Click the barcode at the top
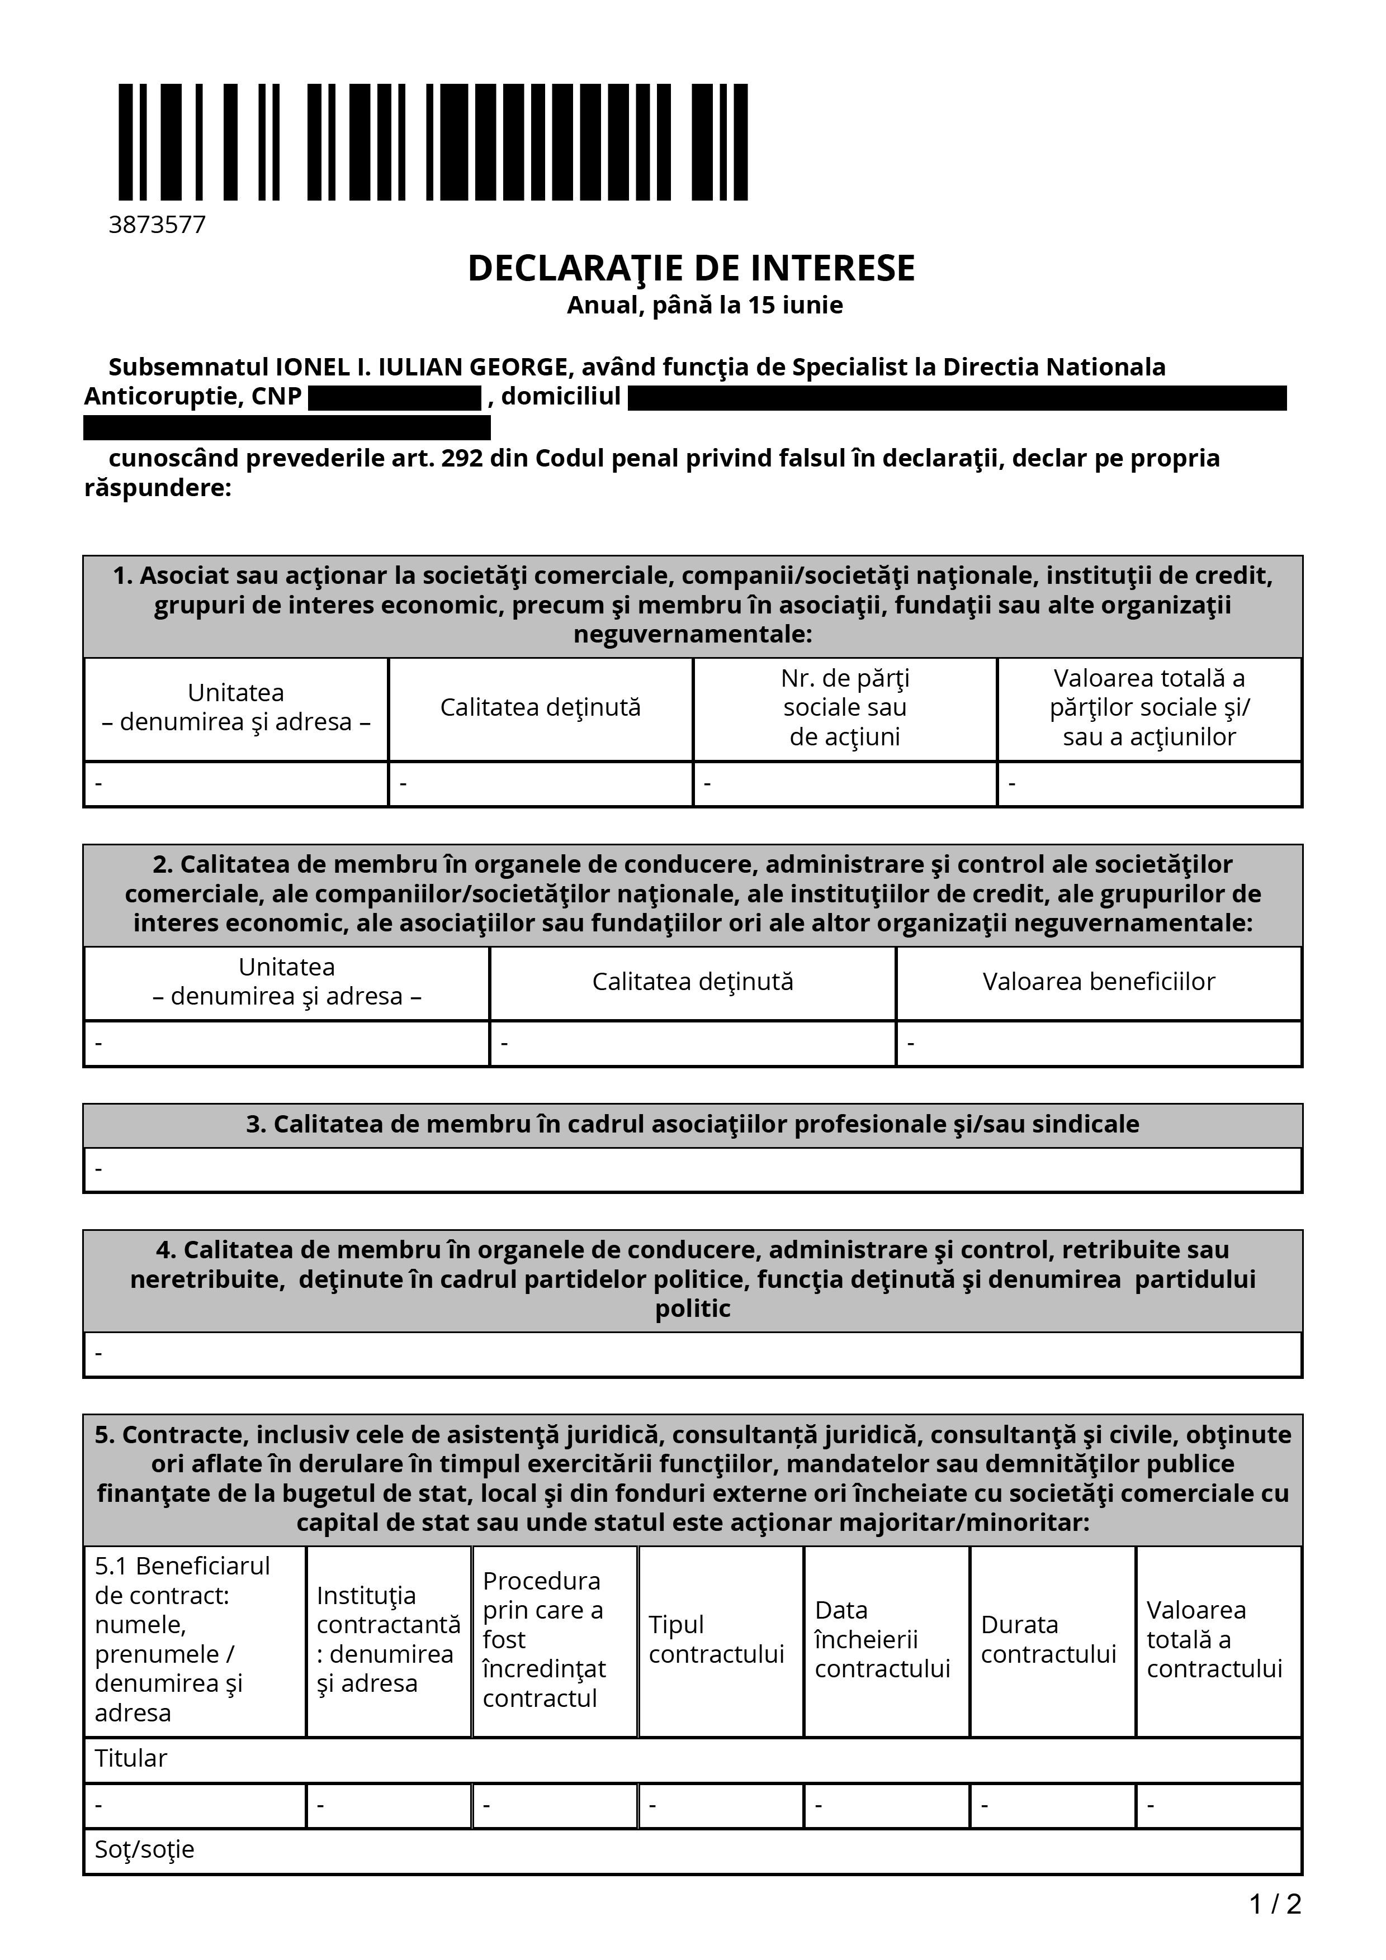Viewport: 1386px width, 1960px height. tap(432, 142)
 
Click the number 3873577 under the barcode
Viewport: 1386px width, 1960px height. tap(157, 225)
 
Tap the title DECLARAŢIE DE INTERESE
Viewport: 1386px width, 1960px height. tap(691, 268)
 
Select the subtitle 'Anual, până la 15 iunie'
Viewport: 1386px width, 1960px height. tap(704, 305)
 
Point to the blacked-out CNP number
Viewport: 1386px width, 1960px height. tap(395, 398)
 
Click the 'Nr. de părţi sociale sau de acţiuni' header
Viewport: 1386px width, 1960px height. tap(845, 708)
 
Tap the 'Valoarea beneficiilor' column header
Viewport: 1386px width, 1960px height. tap(1098, 982)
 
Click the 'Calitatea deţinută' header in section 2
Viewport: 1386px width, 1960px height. tap(693, 982)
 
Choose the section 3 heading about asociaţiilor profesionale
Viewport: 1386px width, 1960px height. tap(693, 1124)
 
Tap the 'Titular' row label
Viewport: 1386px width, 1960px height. tap(131, 1758)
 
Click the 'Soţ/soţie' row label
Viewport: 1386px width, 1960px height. tap(144, 1849)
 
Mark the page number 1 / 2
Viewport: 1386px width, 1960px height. tap(1275, 1904)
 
